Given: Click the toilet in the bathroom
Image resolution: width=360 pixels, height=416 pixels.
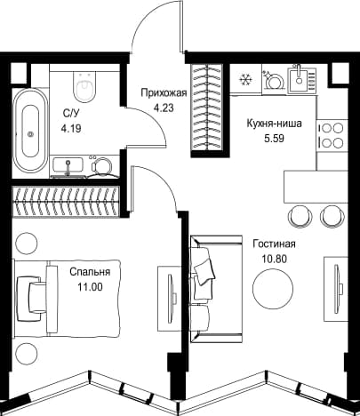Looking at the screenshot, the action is (84, 87).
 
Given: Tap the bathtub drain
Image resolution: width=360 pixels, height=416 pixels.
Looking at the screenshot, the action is (30, 134).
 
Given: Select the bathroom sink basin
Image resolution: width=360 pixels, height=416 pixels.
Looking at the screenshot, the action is (68, 165).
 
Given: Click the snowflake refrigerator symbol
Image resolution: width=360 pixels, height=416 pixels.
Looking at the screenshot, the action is (245, 80).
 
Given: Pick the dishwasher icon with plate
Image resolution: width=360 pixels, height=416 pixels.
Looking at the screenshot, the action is (275, 79).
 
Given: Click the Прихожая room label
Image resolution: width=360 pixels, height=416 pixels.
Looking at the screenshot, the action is (164, 93).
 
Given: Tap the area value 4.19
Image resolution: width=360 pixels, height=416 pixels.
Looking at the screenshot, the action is (71, 129).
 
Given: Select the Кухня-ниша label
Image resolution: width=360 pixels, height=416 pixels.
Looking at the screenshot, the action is (275, 124).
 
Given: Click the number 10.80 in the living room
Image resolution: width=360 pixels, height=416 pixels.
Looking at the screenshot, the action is (275, 260).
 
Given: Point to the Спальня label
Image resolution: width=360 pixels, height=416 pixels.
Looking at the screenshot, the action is (90, 272).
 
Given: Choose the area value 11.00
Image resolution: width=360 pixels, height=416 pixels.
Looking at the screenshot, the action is (90, 287).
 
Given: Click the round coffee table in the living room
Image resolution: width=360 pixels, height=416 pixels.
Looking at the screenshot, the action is (273, 288).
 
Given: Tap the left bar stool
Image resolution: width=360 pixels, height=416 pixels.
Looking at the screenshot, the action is (300, 216).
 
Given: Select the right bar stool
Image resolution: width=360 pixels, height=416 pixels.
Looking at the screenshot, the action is (332, 216).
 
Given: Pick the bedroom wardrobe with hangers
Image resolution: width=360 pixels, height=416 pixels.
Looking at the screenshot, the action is (66, 202).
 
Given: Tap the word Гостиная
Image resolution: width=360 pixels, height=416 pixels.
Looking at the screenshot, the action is (274, 244).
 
